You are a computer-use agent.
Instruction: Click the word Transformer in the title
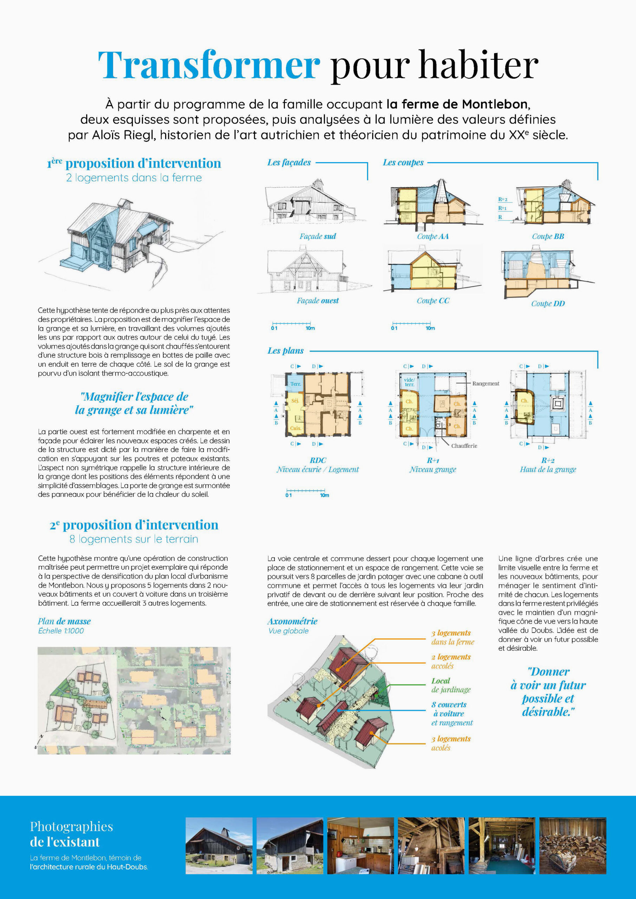tap(209, 65)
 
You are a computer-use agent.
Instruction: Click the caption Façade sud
tap(317, 236)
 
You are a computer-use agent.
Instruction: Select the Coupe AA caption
tap(433, 236)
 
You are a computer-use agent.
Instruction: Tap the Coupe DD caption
tap(548, 303)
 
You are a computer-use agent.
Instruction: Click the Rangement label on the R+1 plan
tap(486, 383)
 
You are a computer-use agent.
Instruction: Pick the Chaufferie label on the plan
tap(464, 446)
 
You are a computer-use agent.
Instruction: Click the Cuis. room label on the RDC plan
tap(296, 428)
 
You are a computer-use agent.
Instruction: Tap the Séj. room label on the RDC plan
tap(295, 401)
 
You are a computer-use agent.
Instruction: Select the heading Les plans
tap(285, 351)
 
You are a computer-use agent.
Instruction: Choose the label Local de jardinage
tap(451, 685)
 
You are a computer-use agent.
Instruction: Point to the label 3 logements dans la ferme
tap(453, 637)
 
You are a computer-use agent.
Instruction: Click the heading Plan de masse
tap(64, 621)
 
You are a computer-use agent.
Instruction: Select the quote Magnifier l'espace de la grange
tap(134, 403)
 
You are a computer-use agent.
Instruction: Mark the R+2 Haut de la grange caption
tap(548, 465)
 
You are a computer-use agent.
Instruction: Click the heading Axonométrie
tap(292, 621)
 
